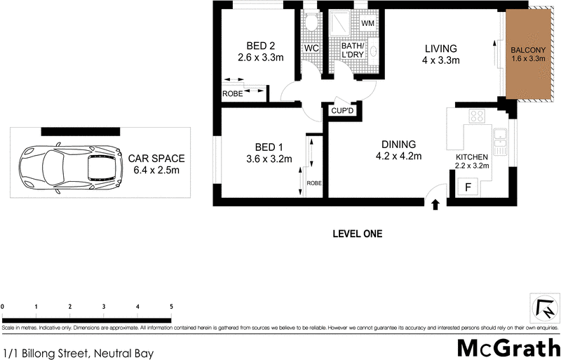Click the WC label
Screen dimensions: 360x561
point(311,50)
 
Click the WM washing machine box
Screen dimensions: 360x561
point(367,23)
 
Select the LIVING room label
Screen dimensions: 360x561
point(440,48)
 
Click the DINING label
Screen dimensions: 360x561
point(398,144)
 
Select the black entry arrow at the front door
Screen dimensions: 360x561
point(435,204)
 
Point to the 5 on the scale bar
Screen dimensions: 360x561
point(171,307)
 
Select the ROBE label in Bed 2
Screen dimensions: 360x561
point(232,93)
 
